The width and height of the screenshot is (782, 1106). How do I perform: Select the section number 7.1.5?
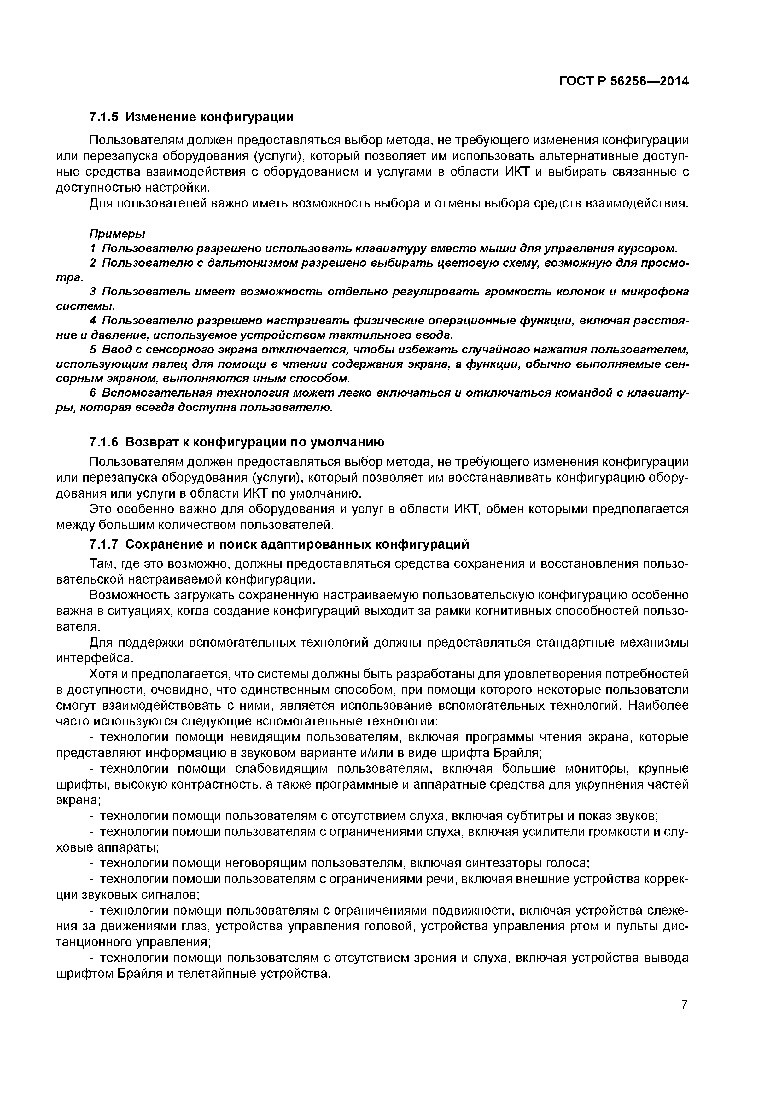(104, 117)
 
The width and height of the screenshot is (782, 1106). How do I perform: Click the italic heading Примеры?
(117, 234)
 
